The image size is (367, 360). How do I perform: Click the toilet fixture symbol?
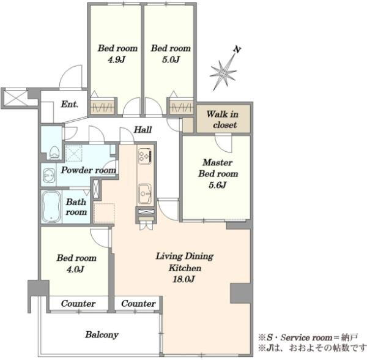tap(54, 152)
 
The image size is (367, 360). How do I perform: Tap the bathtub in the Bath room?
tap(51, 206)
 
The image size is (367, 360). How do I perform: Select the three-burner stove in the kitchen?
tap(144, 156)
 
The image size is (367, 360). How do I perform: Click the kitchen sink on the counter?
tap(144, 193)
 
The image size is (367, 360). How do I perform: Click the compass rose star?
tap(223, 73)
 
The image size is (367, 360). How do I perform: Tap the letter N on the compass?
tap(237, 50)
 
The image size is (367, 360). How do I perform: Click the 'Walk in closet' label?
tap(223, 119)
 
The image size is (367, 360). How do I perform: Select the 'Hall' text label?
tap(143, 130)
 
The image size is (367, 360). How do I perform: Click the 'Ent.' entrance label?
tap(70, 104)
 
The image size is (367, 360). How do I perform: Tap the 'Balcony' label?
tap(102, 335)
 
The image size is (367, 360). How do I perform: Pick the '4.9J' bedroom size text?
tap(117, 59)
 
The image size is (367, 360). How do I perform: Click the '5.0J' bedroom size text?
tap(171, 59)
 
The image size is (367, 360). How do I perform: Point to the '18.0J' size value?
tap(184, 279)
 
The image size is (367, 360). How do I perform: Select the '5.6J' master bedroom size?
tap(218, 185)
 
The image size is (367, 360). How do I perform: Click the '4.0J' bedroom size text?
tap(75, 269)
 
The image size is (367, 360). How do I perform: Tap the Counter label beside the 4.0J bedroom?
tap(78, 304)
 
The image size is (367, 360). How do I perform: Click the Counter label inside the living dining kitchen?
tap(138, 304)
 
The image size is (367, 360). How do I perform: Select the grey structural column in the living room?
tap(240, 293)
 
